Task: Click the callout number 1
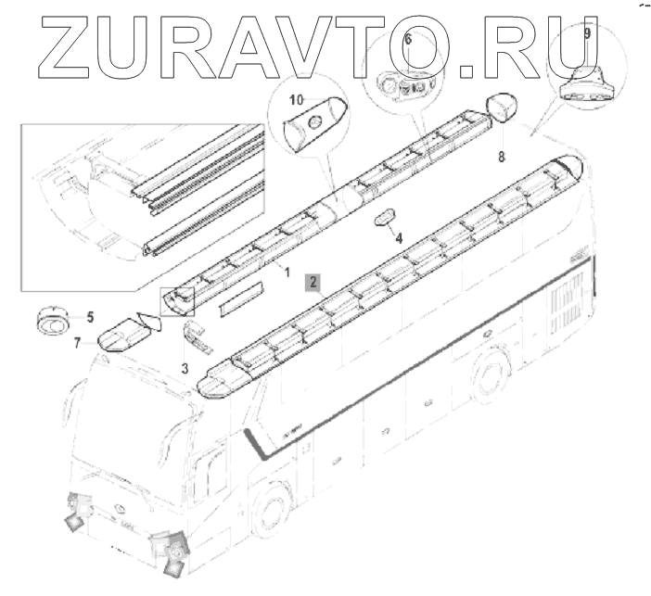287,273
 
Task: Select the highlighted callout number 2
313,282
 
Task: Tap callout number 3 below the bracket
185,368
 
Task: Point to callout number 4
399,238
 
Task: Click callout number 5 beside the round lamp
90,317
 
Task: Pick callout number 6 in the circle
408,40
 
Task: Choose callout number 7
77,343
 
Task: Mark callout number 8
502,157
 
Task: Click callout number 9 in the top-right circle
587,33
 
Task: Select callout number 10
297,100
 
